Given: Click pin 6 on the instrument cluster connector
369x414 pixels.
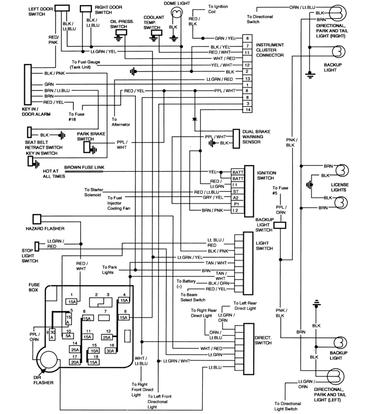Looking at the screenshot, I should (247, 38).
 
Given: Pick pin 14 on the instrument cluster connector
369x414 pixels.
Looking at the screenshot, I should (247, 110).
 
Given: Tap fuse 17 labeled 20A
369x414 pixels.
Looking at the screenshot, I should (75, 363).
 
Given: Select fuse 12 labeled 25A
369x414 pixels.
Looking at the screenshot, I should (107, 337).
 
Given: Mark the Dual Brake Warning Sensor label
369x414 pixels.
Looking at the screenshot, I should (256, 137).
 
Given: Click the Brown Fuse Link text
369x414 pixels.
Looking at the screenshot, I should (84, 166).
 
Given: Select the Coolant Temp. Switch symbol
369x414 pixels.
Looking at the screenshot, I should (154, 38).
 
